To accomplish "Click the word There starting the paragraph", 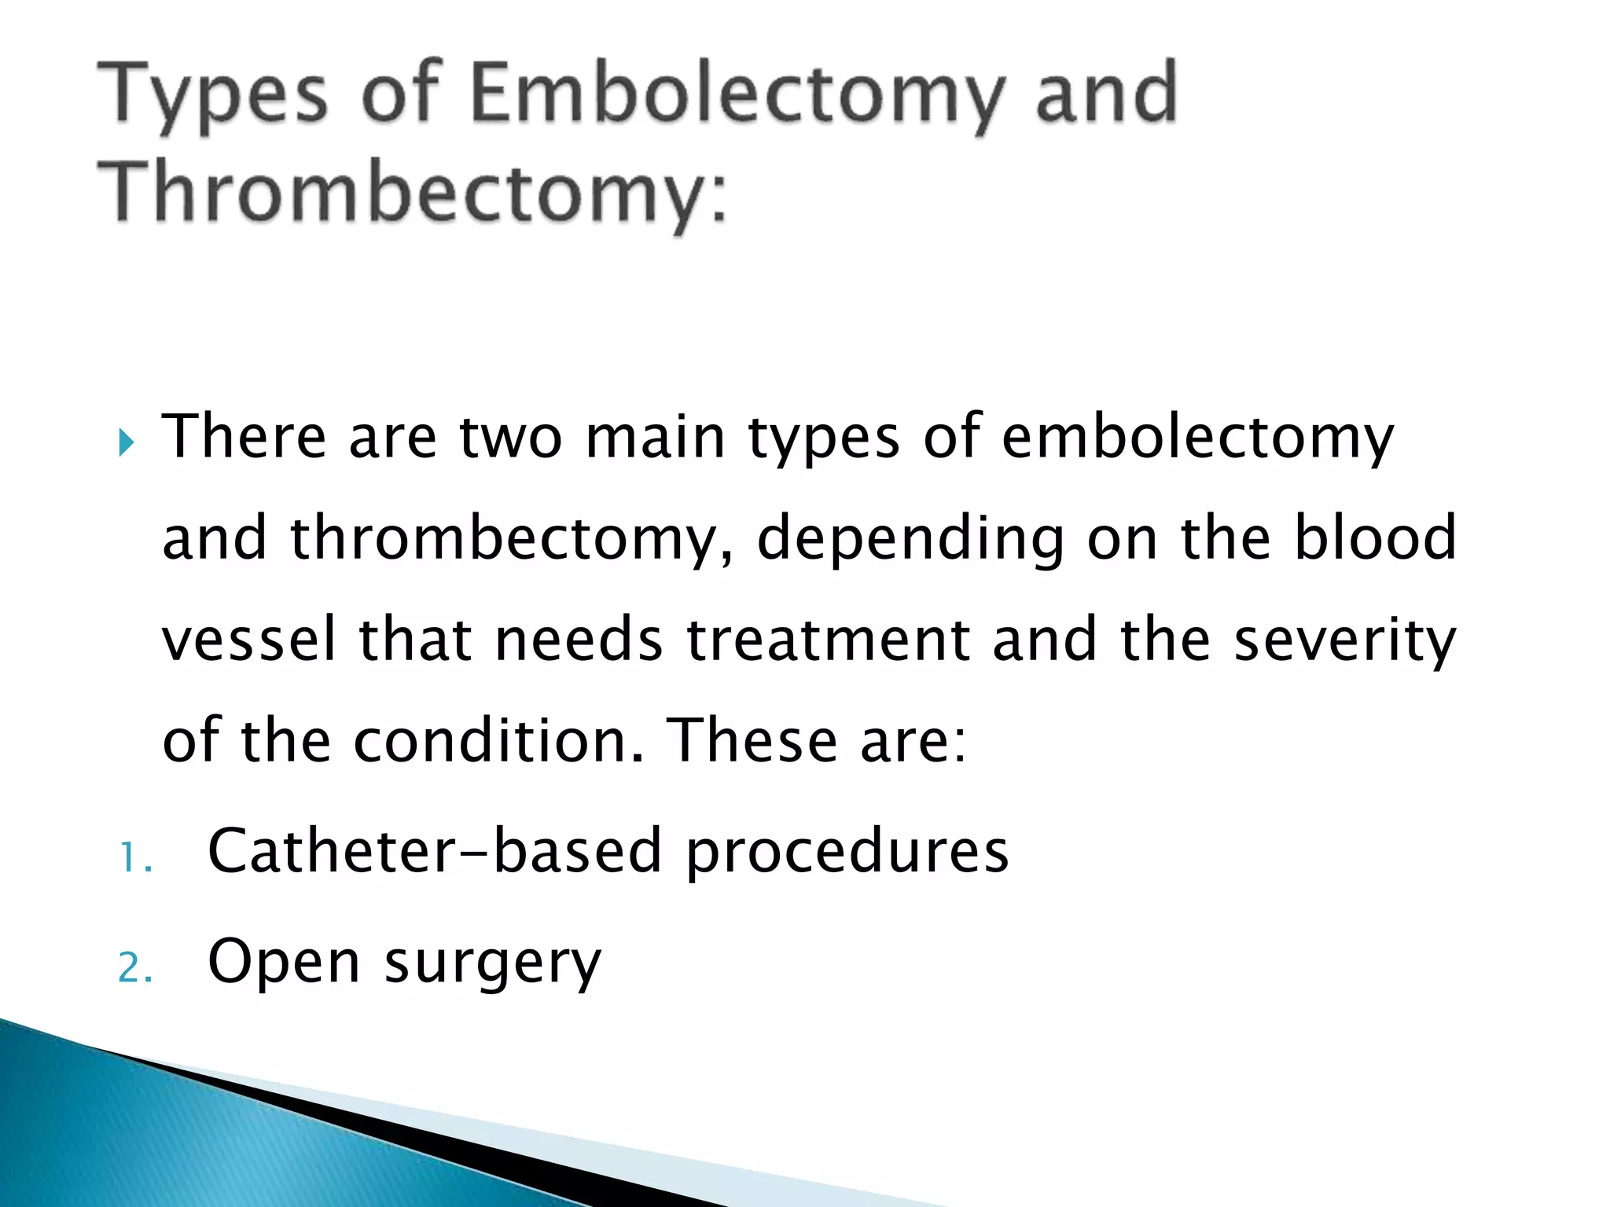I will [x=244, y=437].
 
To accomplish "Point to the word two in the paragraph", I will [x=511, y=437].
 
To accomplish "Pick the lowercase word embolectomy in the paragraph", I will [x=1197, y=437].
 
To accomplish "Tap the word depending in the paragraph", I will [x=910, y=539].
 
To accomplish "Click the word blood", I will [x=1376, y=537].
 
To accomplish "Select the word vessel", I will [x=249, y=640].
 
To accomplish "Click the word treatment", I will [x=828, y=640].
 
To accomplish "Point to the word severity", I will [x=1345, y=640].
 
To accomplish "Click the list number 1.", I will [x=134, y=858].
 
